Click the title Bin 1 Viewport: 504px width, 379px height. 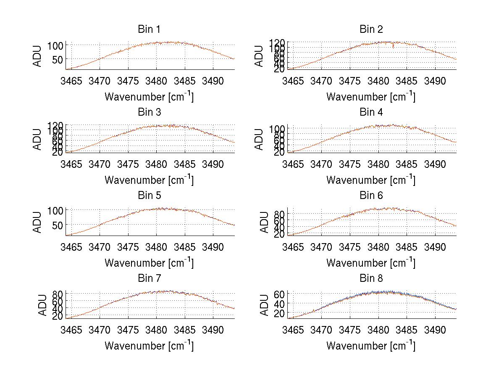(149, 29)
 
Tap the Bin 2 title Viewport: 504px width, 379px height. (371, 29)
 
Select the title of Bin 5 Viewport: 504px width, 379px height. (149, 196)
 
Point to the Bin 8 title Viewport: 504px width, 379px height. (371, 278)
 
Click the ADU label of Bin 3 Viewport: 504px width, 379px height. (37, 139)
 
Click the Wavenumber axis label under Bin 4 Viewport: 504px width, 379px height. (371, 180)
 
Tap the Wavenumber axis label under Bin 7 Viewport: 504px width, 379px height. (149, 346)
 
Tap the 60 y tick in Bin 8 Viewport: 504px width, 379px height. (280, 294)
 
